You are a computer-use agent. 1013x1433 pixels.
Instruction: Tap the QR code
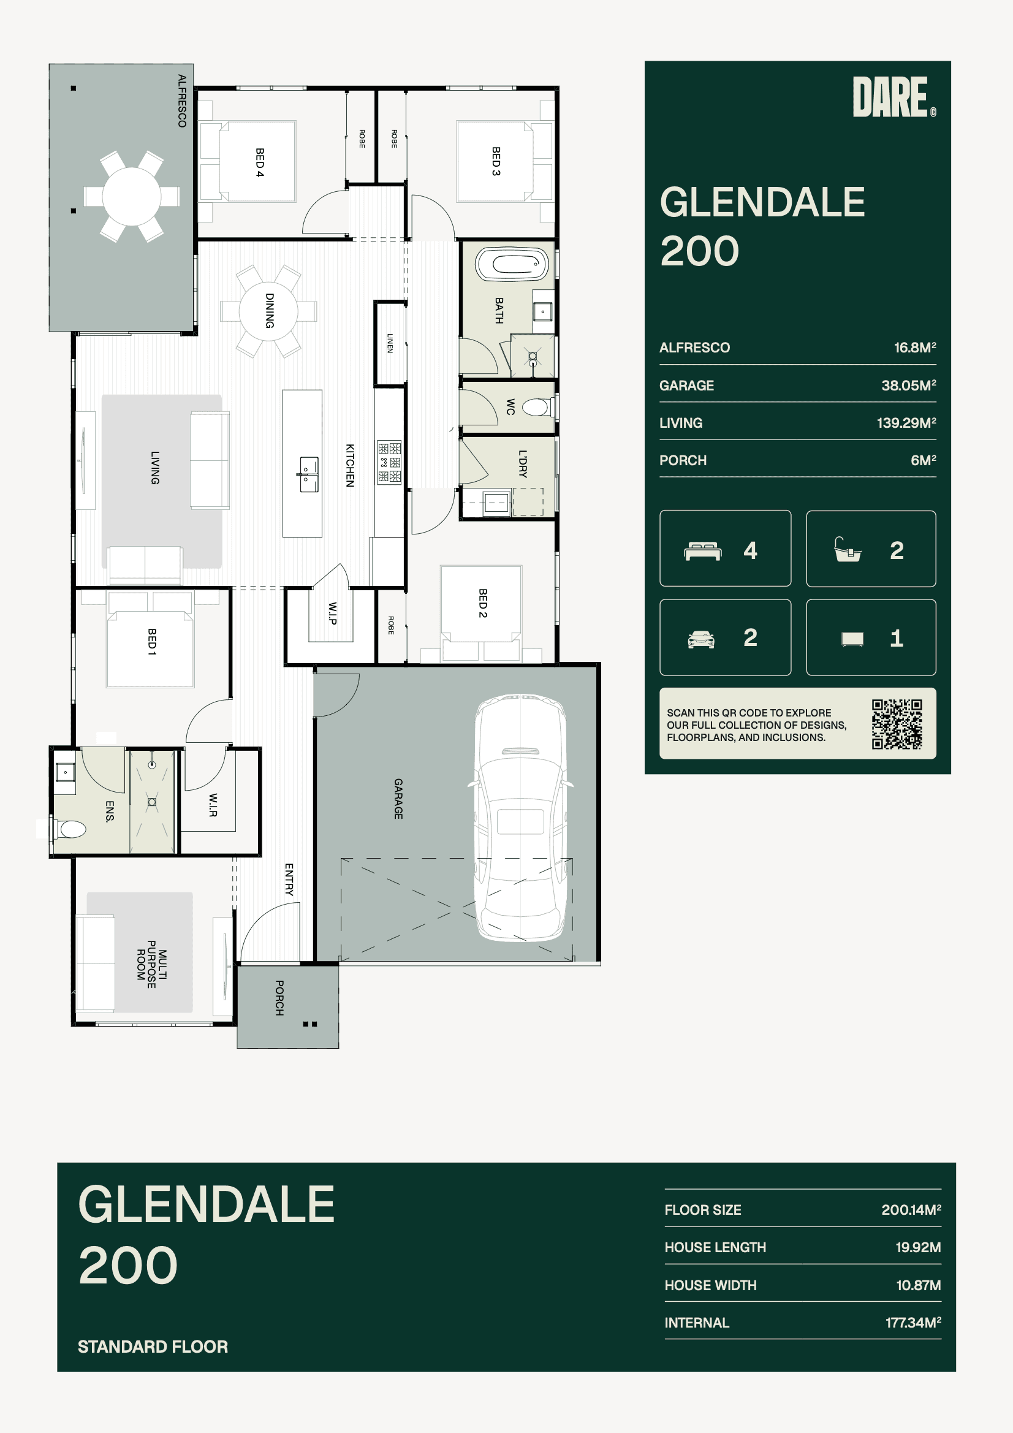tap(897, 724)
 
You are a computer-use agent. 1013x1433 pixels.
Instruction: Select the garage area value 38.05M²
tap(908, 385)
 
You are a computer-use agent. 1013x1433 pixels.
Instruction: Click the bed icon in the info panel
tap(703, 551)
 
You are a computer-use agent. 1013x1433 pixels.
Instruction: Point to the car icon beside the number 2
tap(701, 639)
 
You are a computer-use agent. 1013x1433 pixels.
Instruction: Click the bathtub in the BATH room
tap(512, 264)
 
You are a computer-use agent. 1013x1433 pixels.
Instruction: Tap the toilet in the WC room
tap(537, 408)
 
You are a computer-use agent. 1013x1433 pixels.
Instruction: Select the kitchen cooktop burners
tap(389, 463)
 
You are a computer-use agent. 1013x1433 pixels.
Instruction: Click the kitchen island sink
tap(308, 474)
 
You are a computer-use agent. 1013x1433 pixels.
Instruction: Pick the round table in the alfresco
tap(132, 196)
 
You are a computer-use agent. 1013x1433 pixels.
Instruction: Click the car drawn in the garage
tap(520, 817)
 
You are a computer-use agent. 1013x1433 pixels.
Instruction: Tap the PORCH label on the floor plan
tap(279, 997)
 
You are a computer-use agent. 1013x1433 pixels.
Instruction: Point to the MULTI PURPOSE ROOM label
tap(151, 964)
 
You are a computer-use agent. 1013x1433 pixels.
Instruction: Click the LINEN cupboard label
tap(390, 343)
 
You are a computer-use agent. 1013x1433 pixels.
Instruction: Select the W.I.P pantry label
tap(333, 613)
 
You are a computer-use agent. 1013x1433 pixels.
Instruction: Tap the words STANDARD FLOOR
tap(153, 1346)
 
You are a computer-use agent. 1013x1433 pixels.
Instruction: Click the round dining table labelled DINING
tap(269, 311)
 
